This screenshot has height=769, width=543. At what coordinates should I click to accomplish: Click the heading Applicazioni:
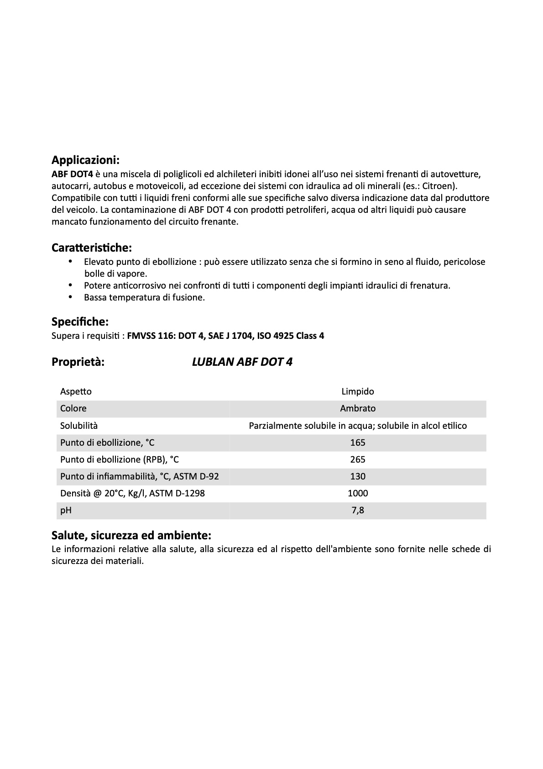point(85,160)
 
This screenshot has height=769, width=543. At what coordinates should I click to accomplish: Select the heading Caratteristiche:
point(91,248)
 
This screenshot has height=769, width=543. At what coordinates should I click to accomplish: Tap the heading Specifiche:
point(80,321)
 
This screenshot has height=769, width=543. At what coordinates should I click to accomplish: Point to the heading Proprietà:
point(78,362)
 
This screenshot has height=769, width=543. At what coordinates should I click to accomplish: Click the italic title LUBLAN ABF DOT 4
point(242,362)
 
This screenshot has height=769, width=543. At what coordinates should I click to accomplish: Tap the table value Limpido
point(358,391)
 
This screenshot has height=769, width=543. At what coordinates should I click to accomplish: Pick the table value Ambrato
point(358,408)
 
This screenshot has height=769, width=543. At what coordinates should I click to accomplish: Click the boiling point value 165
point(358,442)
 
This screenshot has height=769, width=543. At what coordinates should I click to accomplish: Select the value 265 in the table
point(358,459)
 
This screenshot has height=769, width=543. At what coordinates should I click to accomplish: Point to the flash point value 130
point(358,476)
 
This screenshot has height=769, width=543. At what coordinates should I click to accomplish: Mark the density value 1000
point(358,493)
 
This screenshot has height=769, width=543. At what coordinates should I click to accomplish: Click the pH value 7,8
point(358,510)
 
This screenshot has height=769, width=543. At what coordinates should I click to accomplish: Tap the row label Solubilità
point(79,426)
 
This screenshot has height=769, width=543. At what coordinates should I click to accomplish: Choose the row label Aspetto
point(76,391)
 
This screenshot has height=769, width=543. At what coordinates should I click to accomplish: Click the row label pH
point(66,510)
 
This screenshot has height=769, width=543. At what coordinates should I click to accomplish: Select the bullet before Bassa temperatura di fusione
point(70,297)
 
